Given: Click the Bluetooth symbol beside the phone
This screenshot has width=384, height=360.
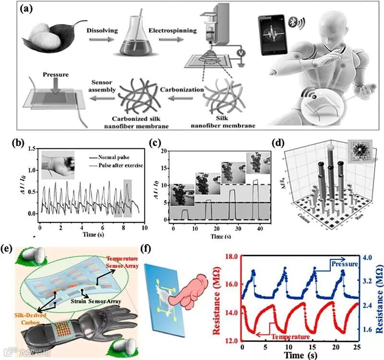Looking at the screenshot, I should click(x=296, y=22).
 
